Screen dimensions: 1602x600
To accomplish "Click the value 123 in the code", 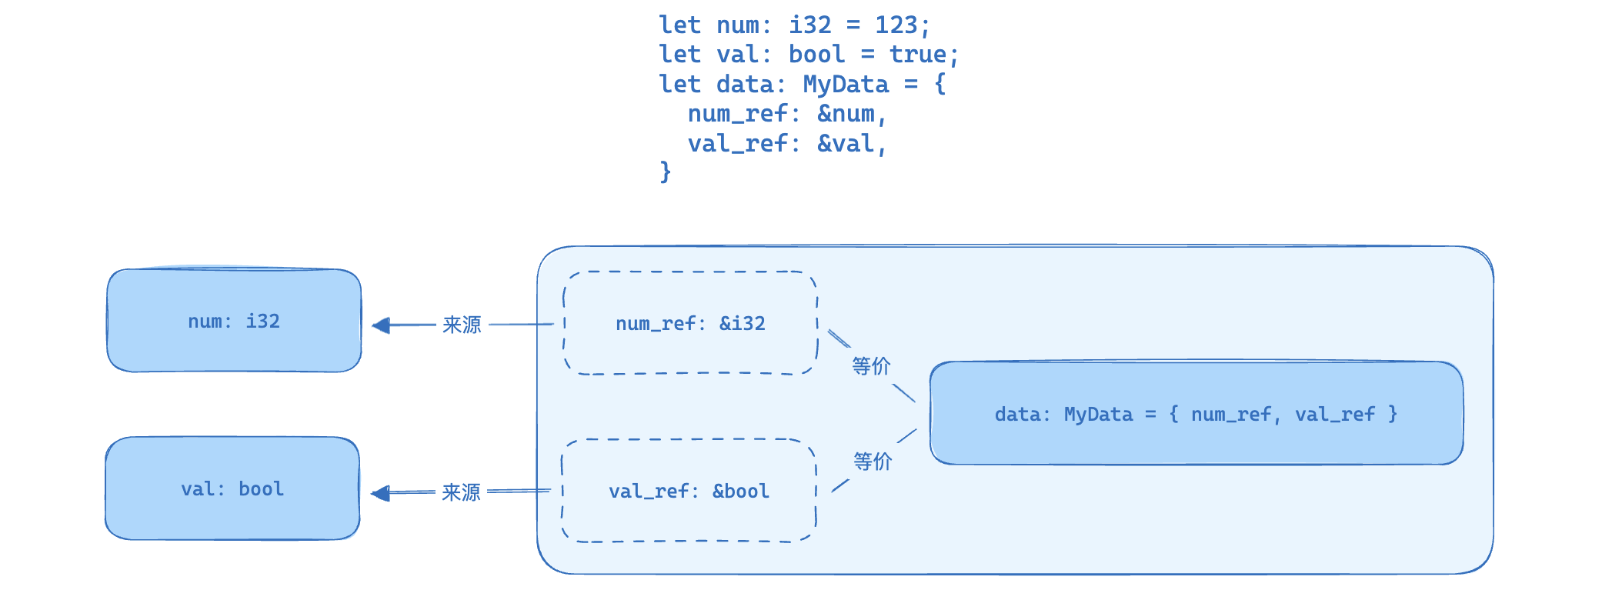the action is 896,25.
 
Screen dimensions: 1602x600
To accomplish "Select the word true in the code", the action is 918,54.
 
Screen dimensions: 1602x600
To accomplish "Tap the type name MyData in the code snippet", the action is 846,84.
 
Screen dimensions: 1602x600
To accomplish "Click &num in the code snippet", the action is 846,114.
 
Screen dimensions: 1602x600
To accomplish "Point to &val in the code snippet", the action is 846,143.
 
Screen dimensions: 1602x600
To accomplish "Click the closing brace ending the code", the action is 666,172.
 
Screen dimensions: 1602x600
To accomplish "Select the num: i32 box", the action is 234,321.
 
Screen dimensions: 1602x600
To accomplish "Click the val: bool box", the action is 232,488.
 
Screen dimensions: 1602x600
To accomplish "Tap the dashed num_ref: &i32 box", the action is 690,323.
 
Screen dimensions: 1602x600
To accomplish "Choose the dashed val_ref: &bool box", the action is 689,491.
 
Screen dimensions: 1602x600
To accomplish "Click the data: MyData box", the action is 1196,413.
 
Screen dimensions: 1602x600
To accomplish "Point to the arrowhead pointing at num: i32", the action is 380,325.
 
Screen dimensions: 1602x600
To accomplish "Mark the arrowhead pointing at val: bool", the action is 379,493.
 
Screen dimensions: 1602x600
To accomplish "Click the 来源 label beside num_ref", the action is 462,325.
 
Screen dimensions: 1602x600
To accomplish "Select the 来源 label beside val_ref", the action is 461,492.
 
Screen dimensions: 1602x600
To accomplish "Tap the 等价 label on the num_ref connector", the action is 871,366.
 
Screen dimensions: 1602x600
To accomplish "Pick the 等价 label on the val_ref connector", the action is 873,462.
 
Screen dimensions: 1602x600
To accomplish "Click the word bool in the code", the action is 816,54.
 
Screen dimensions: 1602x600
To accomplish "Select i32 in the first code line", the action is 810,25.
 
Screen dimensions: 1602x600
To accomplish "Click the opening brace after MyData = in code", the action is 940,84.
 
